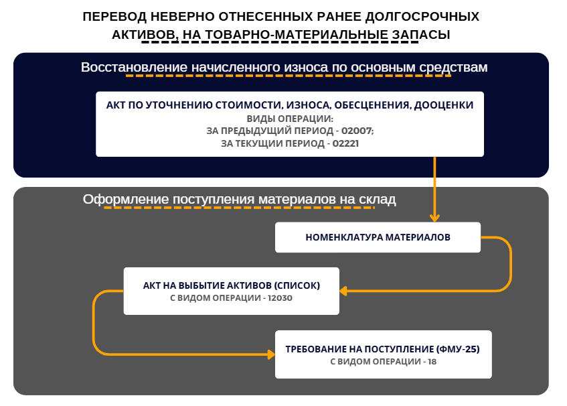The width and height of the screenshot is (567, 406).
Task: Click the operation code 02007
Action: pos(357,131)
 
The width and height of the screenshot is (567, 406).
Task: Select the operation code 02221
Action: pos(345,143)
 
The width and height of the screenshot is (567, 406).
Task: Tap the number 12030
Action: pos(280,298)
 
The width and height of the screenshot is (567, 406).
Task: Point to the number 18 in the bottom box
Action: pos(432,362)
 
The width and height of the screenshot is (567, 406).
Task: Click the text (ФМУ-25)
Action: pos(458,349)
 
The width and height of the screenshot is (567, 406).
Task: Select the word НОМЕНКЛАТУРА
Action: pos(344,237)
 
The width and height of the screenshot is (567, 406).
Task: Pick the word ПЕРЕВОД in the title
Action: pos(114,17)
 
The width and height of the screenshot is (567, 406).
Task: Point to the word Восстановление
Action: pos(134,67)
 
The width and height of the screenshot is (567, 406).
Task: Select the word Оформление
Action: pos(126,200)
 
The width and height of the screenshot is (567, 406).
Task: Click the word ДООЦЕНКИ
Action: pos(444,105)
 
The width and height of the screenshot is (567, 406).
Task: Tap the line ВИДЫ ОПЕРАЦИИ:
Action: pos(290,119)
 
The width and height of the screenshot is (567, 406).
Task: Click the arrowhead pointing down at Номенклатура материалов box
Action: pos(434,218)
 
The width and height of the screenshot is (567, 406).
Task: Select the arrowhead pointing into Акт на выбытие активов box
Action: pos(343,291)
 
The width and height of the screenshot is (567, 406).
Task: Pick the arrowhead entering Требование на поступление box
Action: pos(271,354)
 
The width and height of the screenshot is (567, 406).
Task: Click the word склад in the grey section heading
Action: pos(378,200)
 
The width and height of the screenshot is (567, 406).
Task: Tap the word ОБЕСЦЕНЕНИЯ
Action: pos(372,105)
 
